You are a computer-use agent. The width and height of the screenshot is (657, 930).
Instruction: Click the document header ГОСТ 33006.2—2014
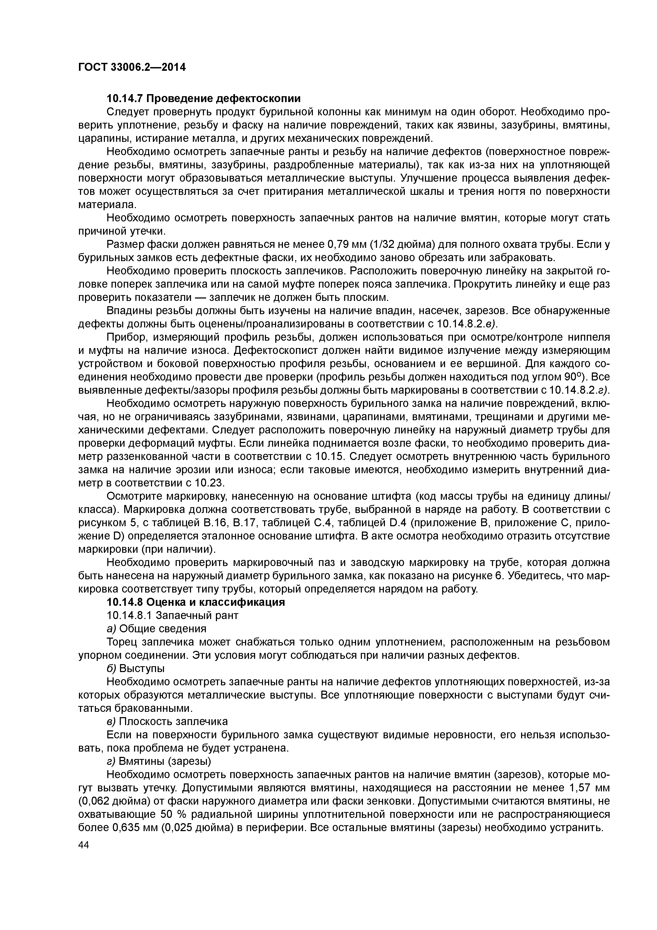point(132,67)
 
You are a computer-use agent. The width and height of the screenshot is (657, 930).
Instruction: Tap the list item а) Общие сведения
point(156,628)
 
